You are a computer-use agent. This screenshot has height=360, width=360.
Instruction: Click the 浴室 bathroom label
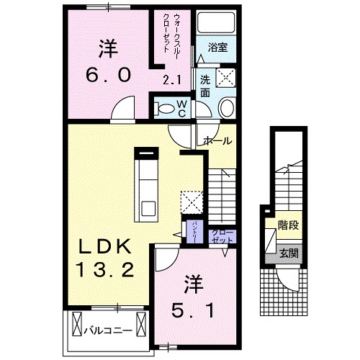click(x=218, y=48)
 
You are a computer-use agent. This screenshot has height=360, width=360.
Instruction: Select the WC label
click(x=181, y=108)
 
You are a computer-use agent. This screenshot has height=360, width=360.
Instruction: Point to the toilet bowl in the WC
click(x=165, y=109)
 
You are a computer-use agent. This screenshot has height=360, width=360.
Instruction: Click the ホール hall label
click(x=218, y=140)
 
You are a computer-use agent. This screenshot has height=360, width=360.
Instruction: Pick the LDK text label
click(x=105, y=248)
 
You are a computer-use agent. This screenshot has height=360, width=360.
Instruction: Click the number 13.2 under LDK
click(x=105, y=271)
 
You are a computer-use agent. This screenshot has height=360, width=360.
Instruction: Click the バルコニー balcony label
click(x=106, y=332)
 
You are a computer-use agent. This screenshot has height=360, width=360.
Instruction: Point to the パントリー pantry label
click(x=194, y=232)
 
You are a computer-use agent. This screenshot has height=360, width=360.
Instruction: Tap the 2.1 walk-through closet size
click(x=172, y=81)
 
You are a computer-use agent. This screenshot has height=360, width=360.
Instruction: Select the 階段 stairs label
click(x=290, y=225)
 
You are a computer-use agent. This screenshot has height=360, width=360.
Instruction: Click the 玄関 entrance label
click(x=290, y=253)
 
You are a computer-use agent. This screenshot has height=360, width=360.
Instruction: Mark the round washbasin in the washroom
click(x=225, y=109)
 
